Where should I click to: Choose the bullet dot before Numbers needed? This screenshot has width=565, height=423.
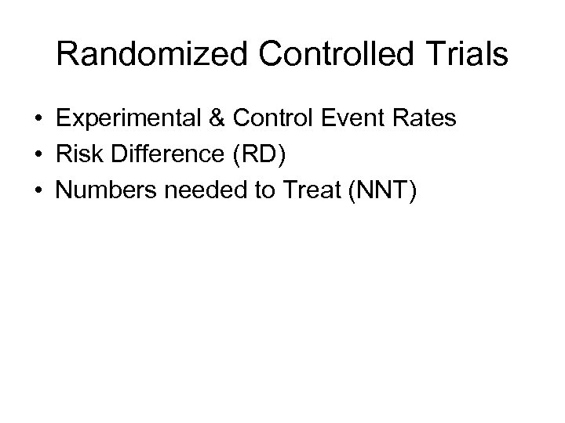[38, 191]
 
